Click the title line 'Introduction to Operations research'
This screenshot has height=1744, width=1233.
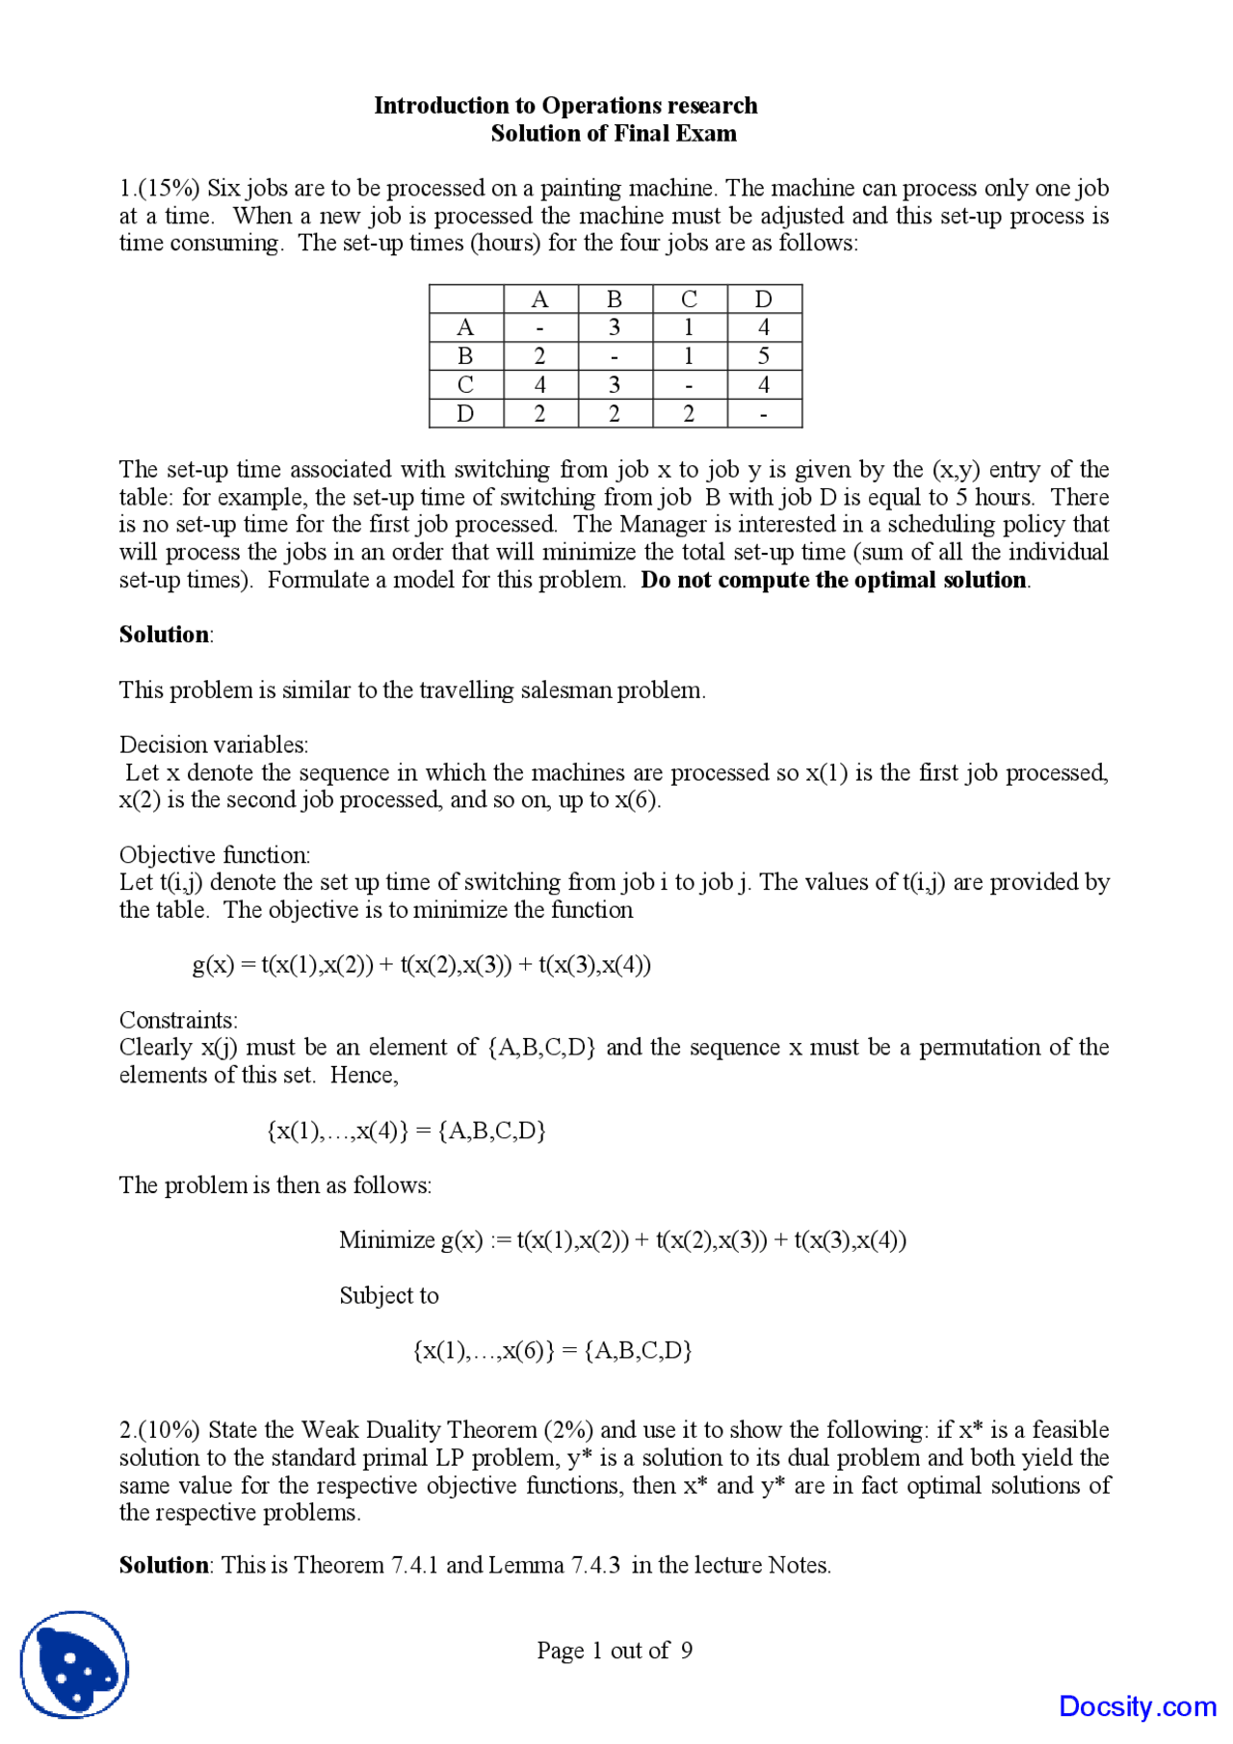click(565, 105)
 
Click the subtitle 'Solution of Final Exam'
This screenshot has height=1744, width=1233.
click(614, 133)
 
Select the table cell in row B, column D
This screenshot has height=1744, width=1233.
click(764, 356)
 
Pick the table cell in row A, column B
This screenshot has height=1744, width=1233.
click(615, 327)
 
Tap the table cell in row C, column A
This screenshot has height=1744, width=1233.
click(540, 385)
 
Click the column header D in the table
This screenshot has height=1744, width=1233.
click(764, 299)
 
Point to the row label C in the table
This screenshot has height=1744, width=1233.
click(466, 385)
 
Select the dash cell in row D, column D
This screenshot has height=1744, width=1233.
click(764, 414)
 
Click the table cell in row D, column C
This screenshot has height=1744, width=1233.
click(689, 414)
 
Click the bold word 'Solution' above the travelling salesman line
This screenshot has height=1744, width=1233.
click(164, 635)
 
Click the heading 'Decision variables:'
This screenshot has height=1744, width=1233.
click(214, 744)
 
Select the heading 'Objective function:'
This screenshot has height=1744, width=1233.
click(215, 855)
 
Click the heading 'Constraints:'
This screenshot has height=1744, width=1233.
click(178, 1020)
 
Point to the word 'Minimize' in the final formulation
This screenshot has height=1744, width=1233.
click(386, 1240)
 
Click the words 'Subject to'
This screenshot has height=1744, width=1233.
click(389, 1296)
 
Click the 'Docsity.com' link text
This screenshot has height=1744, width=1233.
click(1138, 1706)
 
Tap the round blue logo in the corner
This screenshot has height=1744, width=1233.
click(74, 1663)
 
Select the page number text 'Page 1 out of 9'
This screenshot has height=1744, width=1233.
click(615, 1651)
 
